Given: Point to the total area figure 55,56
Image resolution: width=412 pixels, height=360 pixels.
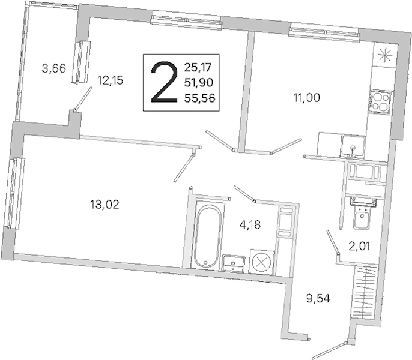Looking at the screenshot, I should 198,100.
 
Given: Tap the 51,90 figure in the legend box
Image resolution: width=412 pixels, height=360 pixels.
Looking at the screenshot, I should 198,82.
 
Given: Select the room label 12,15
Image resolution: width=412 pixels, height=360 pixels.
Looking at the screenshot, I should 111,80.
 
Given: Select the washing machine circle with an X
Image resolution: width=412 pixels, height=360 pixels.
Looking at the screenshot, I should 261,262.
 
